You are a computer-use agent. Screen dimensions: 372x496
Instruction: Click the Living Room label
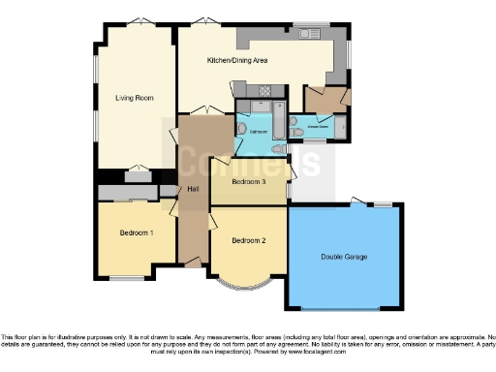tap(135, 98)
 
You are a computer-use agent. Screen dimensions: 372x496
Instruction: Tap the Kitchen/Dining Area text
tap(237, 60)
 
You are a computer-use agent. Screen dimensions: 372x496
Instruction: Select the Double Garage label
tap(345, 258)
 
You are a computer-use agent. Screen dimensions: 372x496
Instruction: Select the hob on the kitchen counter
tap(260, 90)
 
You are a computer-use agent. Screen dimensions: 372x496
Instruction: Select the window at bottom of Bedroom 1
tap(126, 278)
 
